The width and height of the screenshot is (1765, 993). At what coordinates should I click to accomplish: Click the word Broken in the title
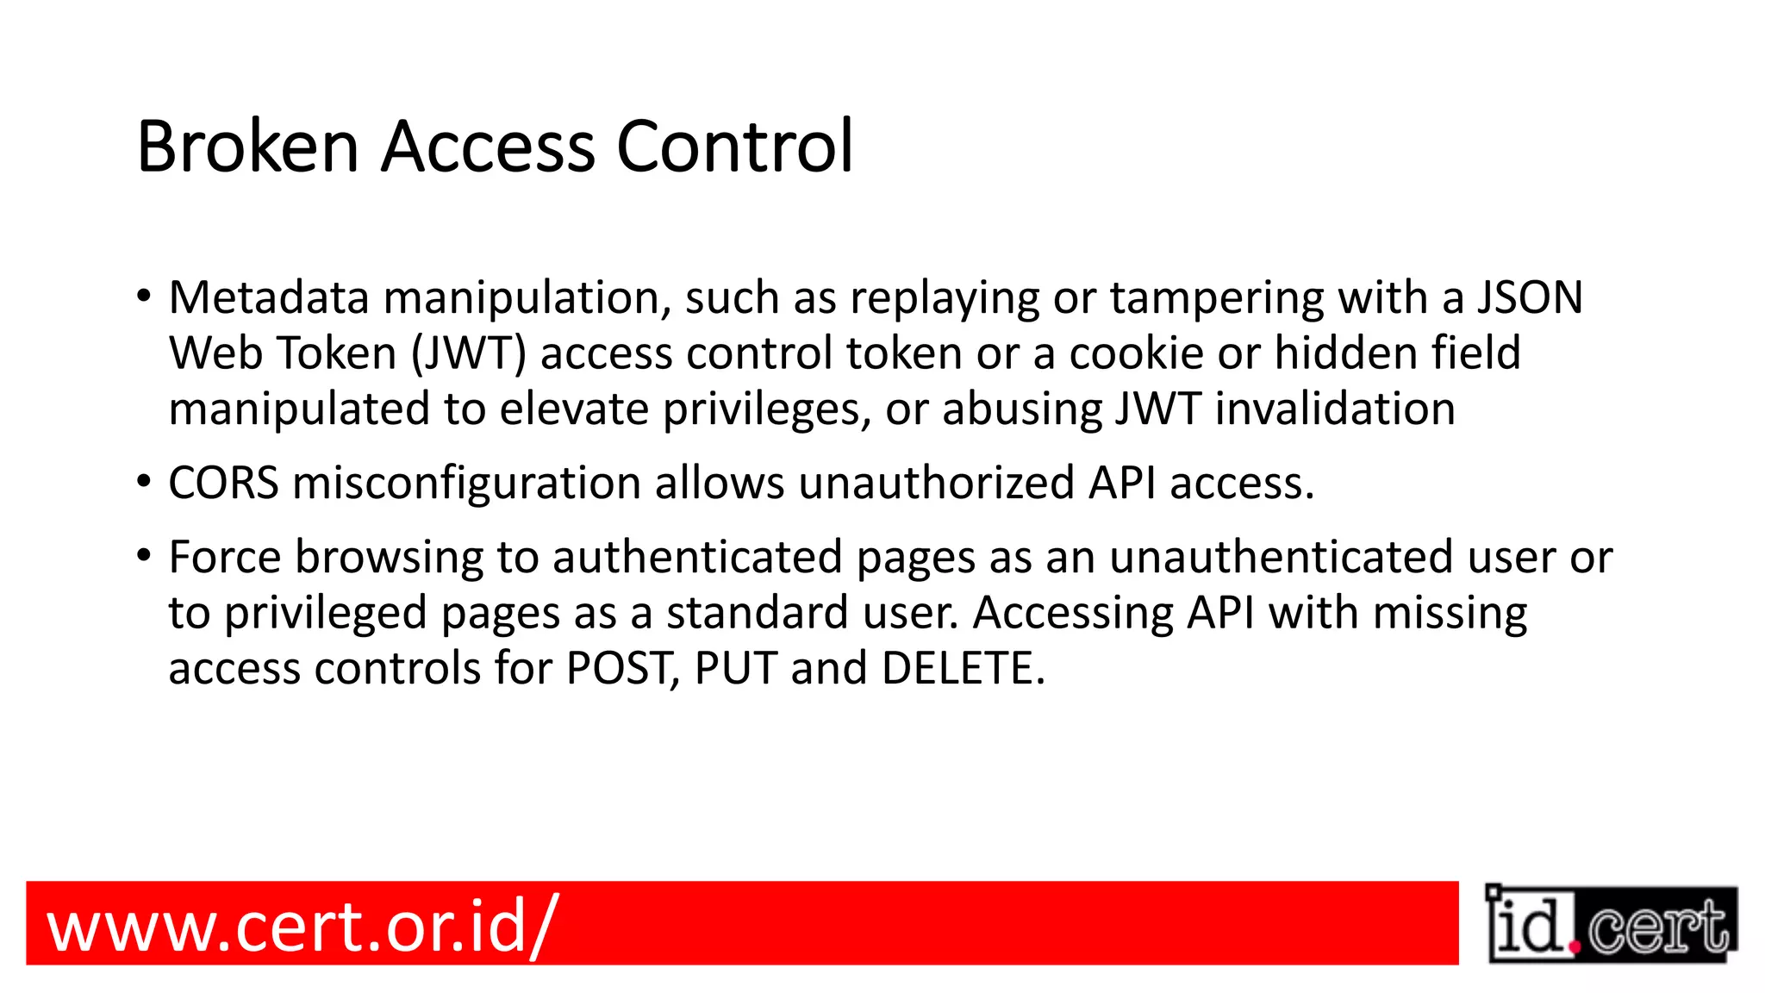tap(247, 147)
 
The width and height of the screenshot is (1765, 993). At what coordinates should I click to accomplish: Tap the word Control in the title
tap(734, 147)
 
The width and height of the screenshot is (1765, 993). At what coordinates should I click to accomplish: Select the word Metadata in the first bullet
tap(269, 297)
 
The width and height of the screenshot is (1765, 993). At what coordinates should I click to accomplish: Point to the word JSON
tap(1530, 297)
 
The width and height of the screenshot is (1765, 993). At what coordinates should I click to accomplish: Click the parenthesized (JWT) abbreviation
tap(469, 353)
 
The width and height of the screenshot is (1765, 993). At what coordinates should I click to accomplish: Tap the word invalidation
tap(1335, 409)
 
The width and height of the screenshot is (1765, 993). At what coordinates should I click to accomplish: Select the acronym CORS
tap(223, 483)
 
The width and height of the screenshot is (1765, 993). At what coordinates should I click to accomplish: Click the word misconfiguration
tap(466, 483)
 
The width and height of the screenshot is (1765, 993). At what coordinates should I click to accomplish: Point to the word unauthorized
tap(936, 483)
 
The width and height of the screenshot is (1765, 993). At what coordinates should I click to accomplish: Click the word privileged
tap(326, 613)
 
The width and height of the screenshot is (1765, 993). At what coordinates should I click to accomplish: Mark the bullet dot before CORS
tap(144, 481)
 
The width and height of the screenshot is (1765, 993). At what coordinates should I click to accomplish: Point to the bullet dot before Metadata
tap(144, 296)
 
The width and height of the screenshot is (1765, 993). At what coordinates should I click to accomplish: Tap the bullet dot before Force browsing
tap(144, 555)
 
